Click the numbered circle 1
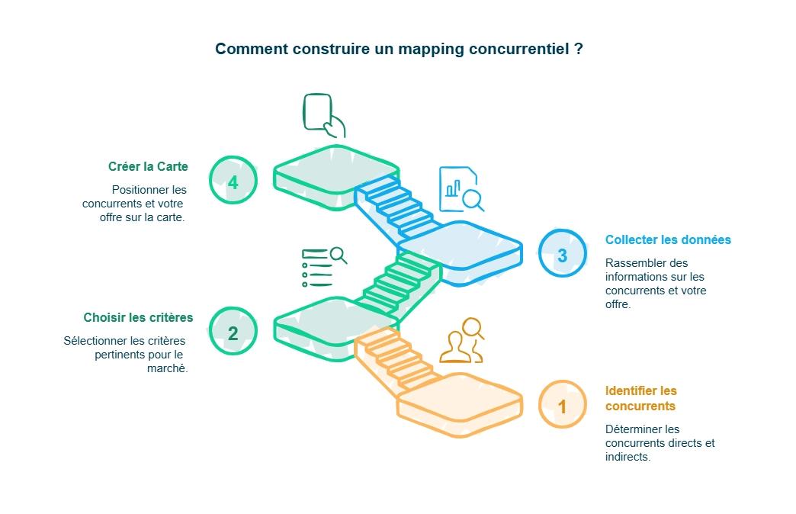click(x=563, y=405)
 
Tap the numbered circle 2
click(x=233, y=332)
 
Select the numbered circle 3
click(x=563, y=255)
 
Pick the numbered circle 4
click(x=233, y=182)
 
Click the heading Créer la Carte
click(x=148, y=166)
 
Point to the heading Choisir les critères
click(x=138, y=317)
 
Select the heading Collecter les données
click(x=668, y=239)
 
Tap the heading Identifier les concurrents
click(x=640, y=398)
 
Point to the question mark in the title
click(x=579, y=49)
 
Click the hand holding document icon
click(x=323, y=115)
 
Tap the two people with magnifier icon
click(x=463, y=340)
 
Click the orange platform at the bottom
click(x=459, y=404)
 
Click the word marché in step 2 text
click(x=169, y=368)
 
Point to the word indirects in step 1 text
click(x=627, y=457)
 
